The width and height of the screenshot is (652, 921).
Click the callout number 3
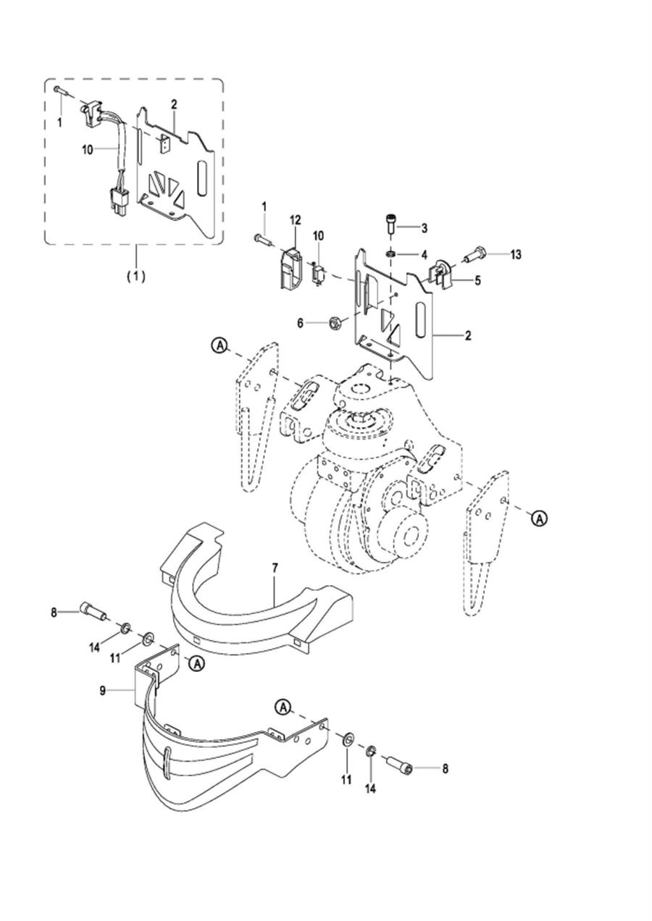(x=424, y=228)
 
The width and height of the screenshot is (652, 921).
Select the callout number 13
(x=515, y=255)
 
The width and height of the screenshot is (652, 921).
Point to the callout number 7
(x=275, y=568)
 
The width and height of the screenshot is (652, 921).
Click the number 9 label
(x=102, y=691)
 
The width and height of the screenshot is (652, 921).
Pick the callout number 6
(x=300, y=324)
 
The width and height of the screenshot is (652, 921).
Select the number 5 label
(x=477, y=280)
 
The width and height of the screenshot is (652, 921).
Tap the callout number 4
(x=424, y=255)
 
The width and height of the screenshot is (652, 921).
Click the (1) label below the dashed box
(x=135, y=277)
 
